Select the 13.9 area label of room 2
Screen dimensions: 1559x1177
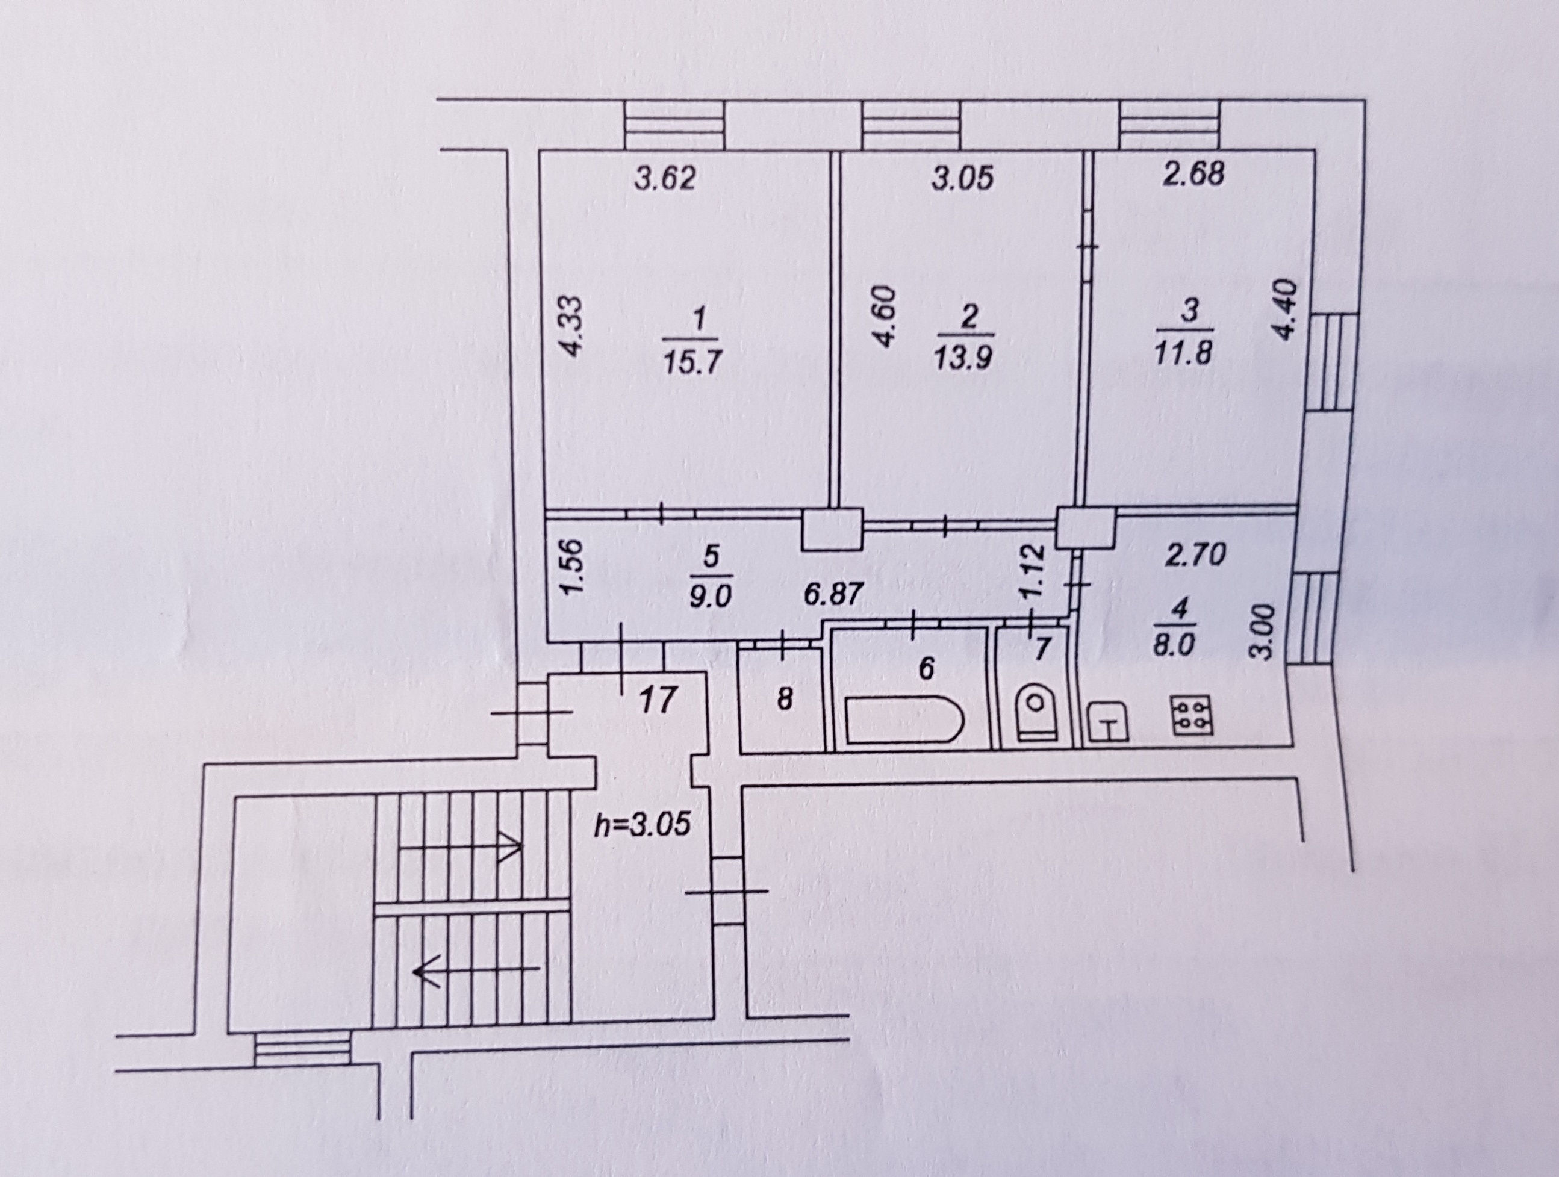(963, 360)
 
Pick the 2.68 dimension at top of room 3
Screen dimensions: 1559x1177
(1192, 174)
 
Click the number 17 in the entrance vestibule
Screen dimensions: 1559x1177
(659, 701)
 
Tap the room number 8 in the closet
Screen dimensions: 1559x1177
(785, 701)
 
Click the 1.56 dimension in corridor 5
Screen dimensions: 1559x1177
(575, 567)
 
